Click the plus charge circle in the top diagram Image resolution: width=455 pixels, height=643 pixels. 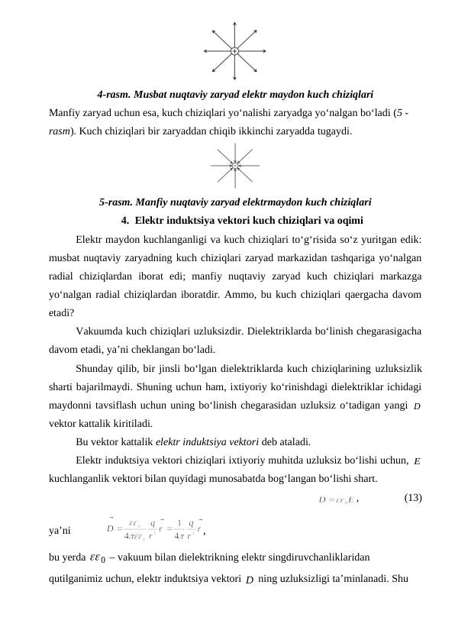tap(234, 51)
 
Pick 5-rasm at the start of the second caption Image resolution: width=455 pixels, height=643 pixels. tap(115, 202)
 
